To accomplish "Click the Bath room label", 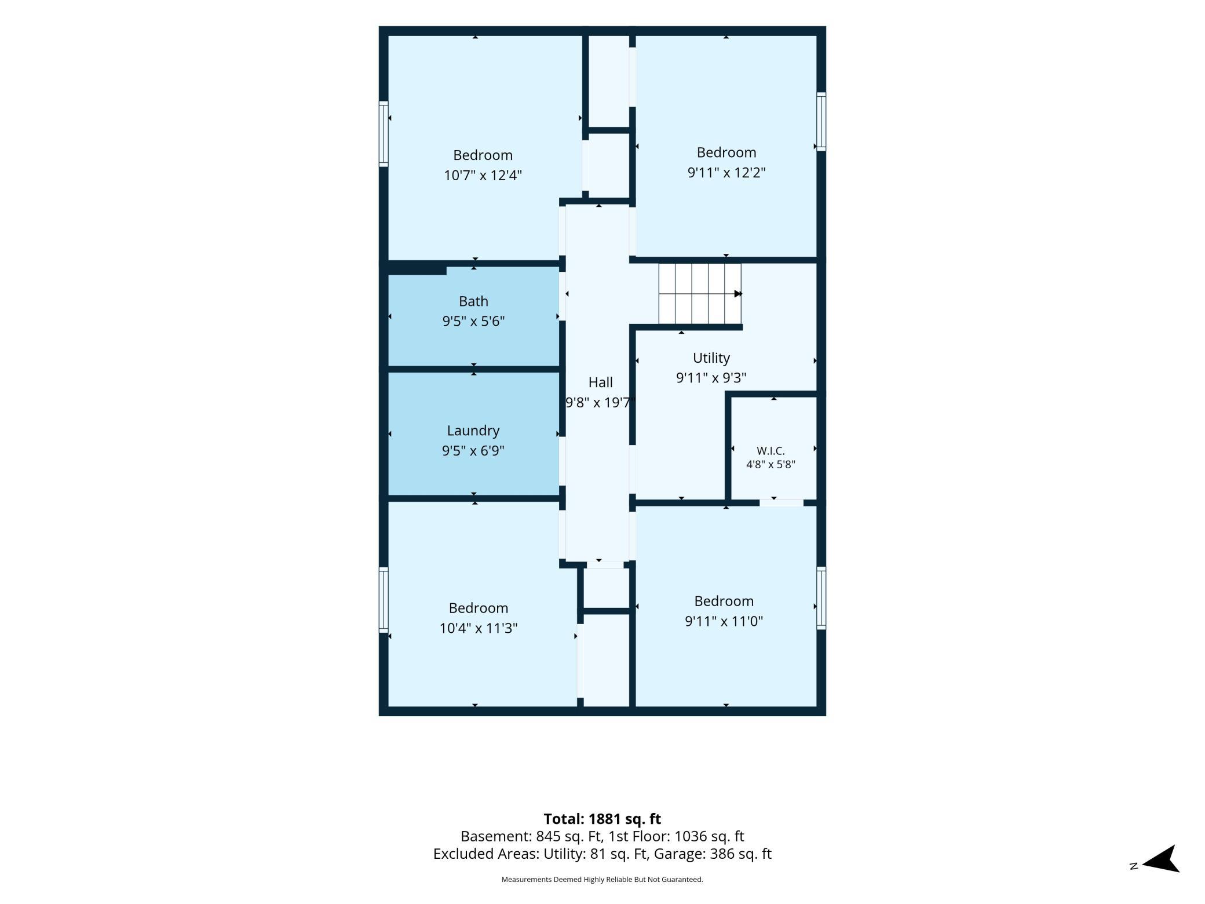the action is pyautogui.click(x=473, y=301).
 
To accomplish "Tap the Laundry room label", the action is pyautogui.click(x=473, y=431).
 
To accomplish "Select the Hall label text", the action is pyautogui.click(x=600, y=382).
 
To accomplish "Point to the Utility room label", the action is pyautogui.click(x=711, y=358).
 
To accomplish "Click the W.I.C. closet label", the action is pyautogui.click(x=771, y=451).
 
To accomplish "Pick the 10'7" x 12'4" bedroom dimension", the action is pyautogui.click(x=483, y=175).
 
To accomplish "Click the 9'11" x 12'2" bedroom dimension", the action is pyautogui.click(x=726, y=173).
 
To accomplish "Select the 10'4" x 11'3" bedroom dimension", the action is pyautogui.click(x=479, y=628).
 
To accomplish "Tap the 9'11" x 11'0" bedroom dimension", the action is pyautogui.click(x=724, y=621).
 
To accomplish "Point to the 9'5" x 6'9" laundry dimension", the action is pyautogui.click(x=473, y=451).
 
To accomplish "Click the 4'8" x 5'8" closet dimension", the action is pyautogui.click(x=771, y=464).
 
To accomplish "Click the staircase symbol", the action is pyautogui.click(x=700, y=294).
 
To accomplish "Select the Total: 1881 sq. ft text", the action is pyautogui.click(x=602, y=819).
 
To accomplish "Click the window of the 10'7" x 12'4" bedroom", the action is pyautogui.click(x=384, y=134).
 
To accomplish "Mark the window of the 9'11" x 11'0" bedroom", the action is pyautogui.click(x=821, y=598).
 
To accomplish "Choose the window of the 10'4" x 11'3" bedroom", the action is pyautogui.click(x=384, y=600).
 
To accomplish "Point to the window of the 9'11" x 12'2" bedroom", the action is pyautogui.click(x=821, y=122).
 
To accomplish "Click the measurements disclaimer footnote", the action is pyautogui.click(x=602, y=880).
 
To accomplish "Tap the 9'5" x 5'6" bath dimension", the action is pyautogui.click(x=474, y=321).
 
